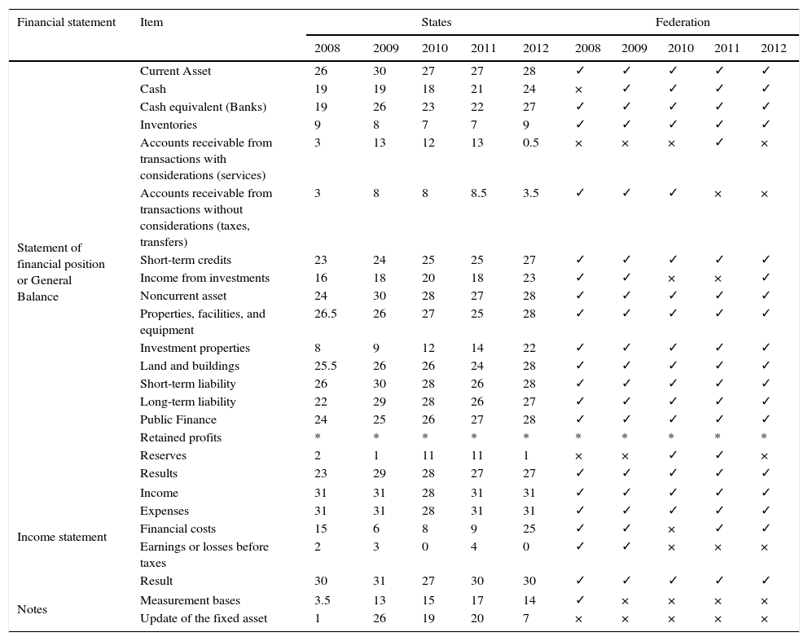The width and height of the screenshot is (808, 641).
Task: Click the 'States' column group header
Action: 436,22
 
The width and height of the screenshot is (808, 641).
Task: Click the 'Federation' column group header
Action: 683,22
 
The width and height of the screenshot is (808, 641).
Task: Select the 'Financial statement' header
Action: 67,22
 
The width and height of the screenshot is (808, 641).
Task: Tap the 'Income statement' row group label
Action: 62,537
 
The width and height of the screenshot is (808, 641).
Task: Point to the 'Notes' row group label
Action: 32,609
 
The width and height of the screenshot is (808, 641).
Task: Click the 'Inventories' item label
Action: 169,125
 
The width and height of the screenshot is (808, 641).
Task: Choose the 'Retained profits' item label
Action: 181,437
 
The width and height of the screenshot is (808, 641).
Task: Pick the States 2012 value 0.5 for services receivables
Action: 531,143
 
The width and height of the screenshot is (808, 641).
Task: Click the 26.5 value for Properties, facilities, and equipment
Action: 326,314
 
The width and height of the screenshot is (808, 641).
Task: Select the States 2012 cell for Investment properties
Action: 529,348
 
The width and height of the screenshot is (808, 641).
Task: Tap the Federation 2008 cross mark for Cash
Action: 578,90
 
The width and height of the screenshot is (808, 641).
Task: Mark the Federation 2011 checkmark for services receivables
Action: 719,143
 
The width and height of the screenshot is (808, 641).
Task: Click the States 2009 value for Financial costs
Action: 376,529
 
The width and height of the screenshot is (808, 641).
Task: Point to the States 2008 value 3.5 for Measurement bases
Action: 323,600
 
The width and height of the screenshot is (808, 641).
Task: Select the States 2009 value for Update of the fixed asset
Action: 380,618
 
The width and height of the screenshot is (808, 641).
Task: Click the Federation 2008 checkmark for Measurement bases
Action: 580,599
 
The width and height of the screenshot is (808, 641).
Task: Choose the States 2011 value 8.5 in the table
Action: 479,193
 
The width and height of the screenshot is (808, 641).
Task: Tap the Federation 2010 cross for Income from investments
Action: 671,279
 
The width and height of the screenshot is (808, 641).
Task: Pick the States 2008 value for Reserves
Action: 318,455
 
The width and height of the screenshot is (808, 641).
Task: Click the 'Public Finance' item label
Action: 178,419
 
